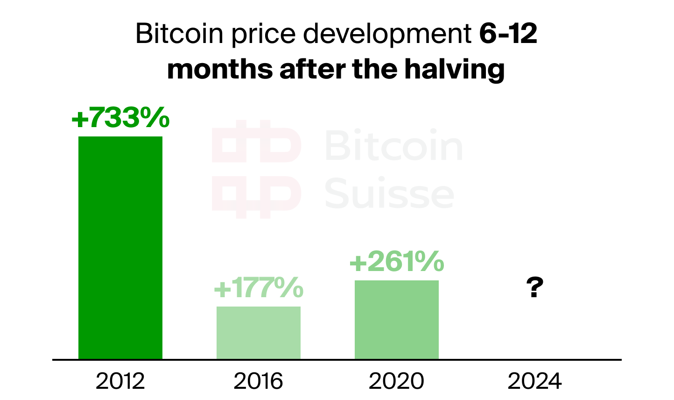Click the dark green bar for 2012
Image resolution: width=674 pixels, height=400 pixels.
(x=120, y=248)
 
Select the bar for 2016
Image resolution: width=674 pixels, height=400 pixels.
(x=258, y=333)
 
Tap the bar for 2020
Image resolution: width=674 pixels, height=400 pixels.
(x=396, y=320)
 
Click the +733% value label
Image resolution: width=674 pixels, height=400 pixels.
(x=120, y=117)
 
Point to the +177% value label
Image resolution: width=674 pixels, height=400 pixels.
(x=258, y=288)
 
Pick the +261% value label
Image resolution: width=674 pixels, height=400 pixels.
(x=396, y=262)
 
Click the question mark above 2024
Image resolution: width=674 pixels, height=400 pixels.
(x=534, y=288)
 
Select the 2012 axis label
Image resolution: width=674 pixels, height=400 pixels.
(x=120, y=381)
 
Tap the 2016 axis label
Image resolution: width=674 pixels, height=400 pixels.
(x=258, y=381)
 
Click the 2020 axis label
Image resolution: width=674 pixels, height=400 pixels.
(x=396, y=381)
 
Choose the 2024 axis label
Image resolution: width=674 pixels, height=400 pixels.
(x=534, y=381)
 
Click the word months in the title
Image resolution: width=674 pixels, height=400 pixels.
(x=220, y=69)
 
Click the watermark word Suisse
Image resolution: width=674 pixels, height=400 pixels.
(x=389, y=193)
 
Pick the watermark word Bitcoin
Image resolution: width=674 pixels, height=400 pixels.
(x=393, y=146)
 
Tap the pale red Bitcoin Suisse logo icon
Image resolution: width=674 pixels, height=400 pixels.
(x=256, y=169)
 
